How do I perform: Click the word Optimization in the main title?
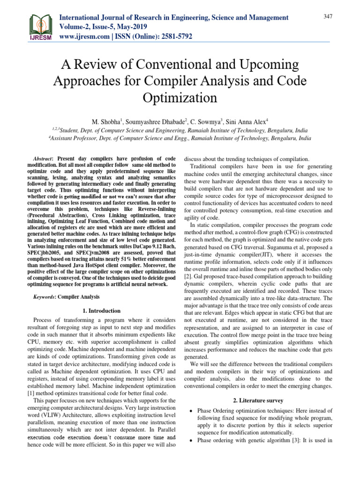click(180, 98)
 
